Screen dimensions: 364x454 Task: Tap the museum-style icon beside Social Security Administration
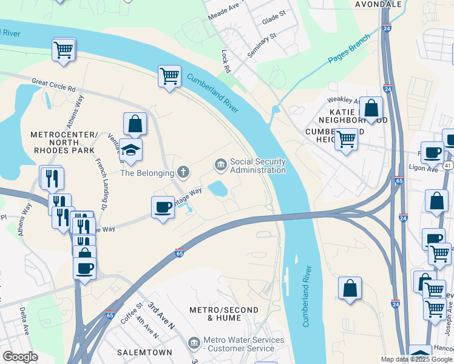(220, 164)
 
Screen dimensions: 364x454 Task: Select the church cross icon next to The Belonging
(183, 173)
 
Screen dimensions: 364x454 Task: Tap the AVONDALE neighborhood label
(378, 4)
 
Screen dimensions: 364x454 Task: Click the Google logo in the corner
(20, 357)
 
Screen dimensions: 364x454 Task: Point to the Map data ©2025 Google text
(416, 359)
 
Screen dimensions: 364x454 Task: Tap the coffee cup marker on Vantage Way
(163, 207)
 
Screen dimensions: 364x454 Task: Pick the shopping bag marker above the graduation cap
(135, 124)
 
